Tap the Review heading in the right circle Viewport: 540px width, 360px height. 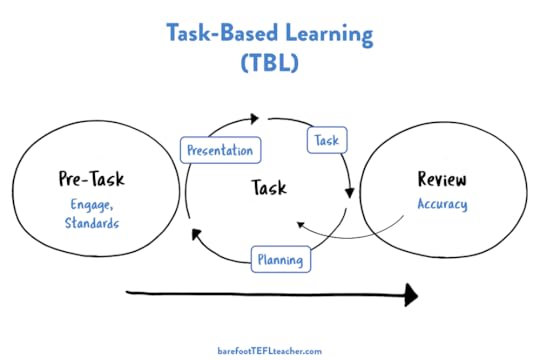442,179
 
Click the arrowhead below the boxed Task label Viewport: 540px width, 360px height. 349,192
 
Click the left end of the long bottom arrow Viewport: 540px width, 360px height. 129,294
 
